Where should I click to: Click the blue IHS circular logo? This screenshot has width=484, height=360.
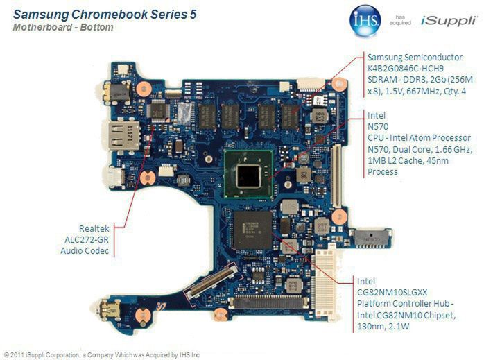pyautogui.click(x=365, y=19)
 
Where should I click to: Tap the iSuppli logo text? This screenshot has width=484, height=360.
pyautogui.click(x=447, y=21)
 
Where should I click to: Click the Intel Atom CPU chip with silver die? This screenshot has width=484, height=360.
pyautogui.click(x=248, y=175)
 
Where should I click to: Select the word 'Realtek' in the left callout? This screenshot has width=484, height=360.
pyautogui.click(x=93, y=228)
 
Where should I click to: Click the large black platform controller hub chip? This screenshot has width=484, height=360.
pyautogui.click(x=252, y=230)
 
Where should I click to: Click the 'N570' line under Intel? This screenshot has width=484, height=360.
pyautogui.click(x=377, y=127)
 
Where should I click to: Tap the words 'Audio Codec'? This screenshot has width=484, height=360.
pyautogui.click(x=85, y=250)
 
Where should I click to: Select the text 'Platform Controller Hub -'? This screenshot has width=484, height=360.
pyautogui.click(x=406, y=305)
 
